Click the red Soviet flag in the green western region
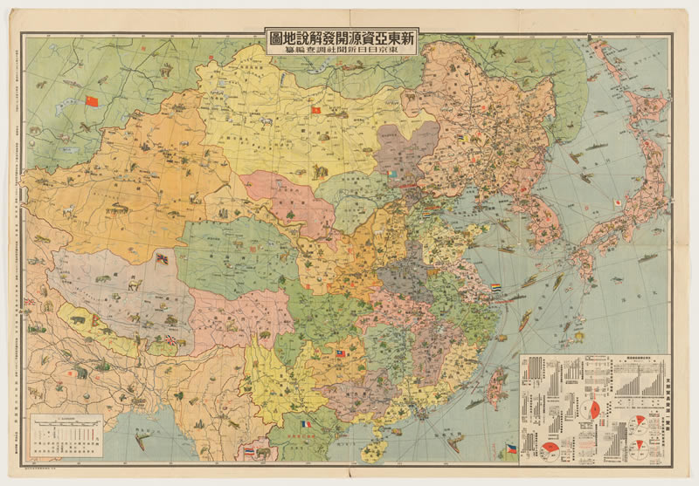pos(92,101)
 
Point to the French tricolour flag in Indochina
pos(305,425)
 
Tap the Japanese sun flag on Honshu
pos(619,203)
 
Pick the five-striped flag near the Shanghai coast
pos(496,285)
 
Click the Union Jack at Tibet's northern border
pos(162,258)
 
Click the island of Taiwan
pos(496,384)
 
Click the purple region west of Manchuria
pos(409,147)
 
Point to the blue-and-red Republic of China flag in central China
pos(342,354)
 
